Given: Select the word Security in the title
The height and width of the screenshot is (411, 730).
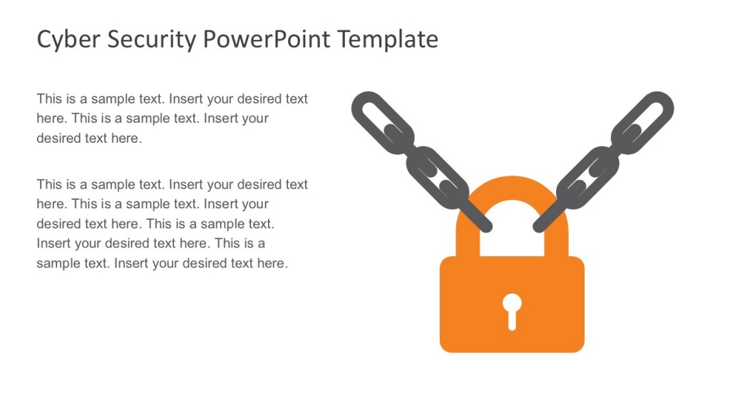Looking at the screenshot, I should tap(151, 39).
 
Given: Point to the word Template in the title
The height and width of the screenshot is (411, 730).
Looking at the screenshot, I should tap(388, 39).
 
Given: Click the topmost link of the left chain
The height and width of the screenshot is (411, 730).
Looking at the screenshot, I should tap(382, 122).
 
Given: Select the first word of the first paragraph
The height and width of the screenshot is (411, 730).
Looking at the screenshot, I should tap(49, 99).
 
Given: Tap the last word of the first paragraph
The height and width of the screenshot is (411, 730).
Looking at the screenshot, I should tap(126, 138).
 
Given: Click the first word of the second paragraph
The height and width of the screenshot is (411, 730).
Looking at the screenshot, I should tap(49, 185).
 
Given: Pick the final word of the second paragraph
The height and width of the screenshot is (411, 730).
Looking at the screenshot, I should tap(272, 263).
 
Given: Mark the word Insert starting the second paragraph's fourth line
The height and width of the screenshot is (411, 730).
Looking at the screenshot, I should tap(53, 244).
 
